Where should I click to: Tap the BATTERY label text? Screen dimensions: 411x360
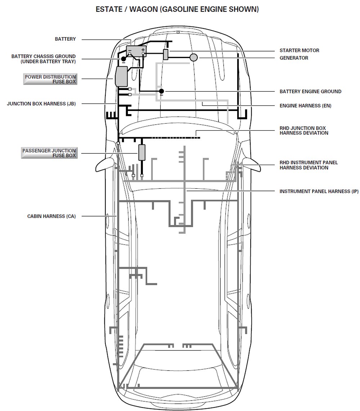coord(65,39)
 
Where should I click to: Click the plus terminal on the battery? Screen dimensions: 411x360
coord(143,50)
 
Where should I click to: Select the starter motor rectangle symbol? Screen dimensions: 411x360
coord(166,54)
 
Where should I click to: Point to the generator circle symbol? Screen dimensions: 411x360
coord(194,57)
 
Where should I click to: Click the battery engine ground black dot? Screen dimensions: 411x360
coord(162,91)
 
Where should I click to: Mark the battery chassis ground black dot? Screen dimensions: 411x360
coord(123,59)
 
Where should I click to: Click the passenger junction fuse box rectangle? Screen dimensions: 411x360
coord(142,152)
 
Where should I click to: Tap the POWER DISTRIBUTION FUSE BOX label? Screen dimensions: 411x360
coord(50,79)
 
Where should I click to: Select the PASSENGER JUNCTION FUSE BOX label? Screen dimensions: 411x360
coord(49,153)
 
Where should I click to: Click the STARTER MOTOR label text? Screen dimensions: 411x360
coord(299,50)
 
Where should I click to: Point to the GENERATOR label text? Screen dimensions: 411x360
coord(294,58)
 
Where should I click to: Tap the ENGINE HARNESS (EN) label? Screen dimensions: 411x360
coord(305,106)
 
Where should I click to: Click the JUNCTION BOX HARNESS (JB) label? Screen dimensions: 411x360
coord(41,104)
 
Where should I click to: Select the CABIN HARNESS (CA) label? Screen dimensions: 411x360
coord(51,216)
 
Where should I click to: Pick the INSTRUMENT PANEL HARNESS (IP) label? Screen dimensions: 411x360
coord(319,191)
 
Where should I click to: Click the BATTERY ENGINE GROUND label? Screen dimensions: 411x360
coord(310,91)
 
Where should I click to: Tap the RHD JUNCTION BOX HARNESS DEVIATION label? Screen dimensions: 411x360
coord(304,130)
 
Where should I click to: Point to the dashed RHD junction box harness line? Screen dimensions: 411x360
coord(173,137)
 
